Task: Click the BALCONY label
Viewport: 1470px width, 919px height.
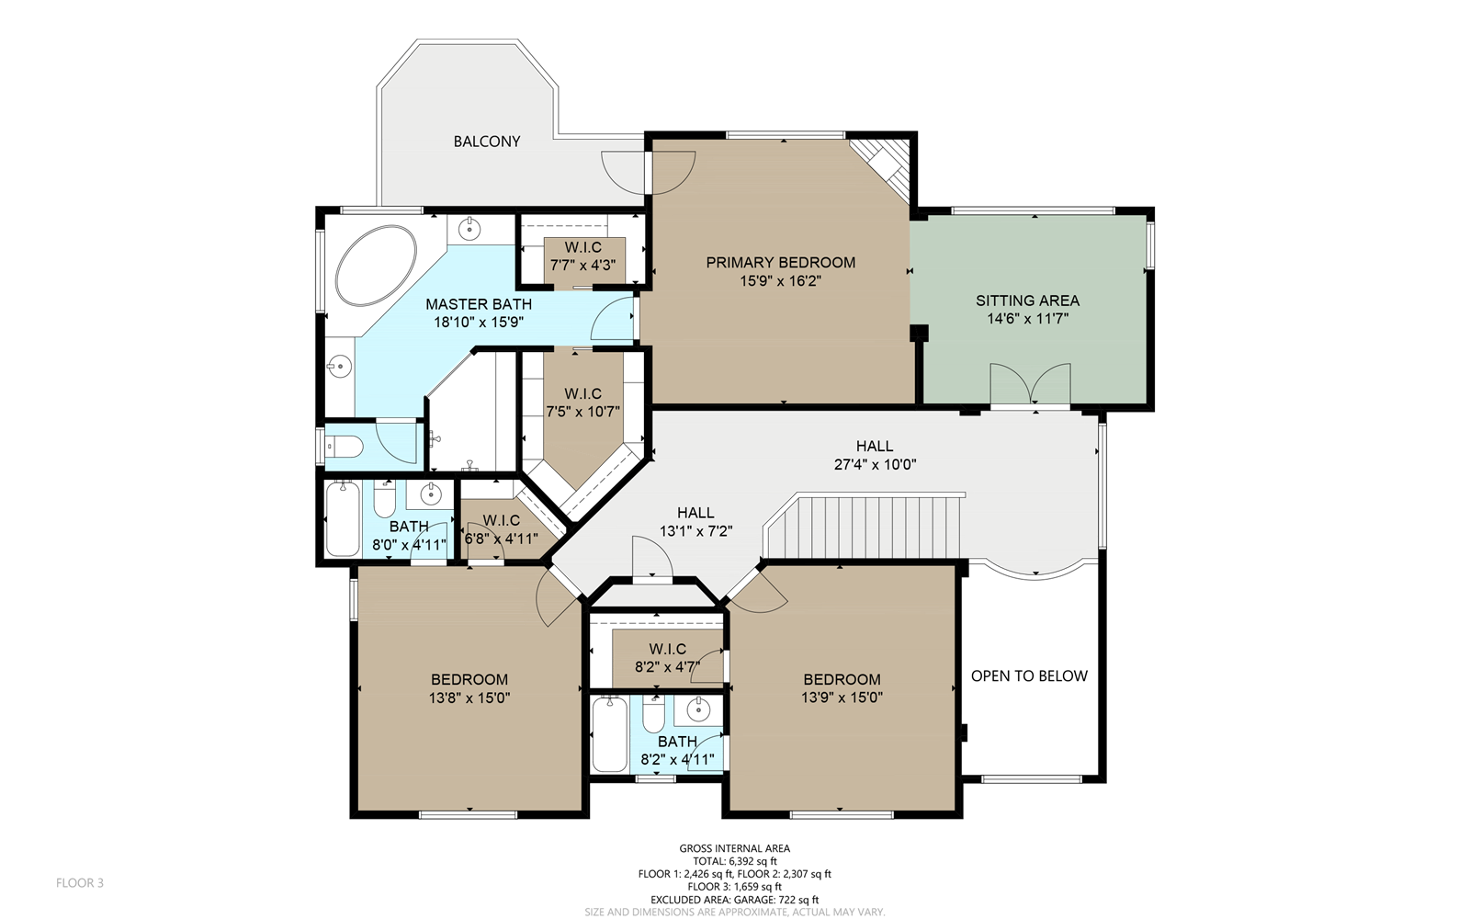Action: [x=487, y=142]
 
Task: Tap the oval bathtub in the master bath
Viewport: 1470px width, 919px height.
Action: [x=376, y=266]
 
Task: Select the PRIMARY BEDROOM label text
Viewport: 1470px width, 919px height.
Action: [x=780, y=263]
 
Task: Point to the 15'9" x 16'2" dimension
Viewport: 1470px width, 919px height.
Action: [x=780, y=281]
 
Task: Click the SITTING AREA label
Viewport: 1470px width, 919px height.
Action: [x=1027, y=301]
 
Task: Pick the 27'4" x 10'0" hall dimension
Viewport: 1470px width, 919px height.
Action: [x=875, y=465]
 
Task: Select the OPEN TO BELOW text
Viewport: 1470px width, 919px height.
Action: [x=1029, y=676]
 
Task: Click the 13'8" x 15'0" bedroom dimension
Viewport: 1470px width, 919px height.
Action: [x=469, y=698]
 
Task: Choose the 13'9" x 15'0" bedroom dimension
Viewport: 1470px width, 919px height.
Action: [x=842, y=698]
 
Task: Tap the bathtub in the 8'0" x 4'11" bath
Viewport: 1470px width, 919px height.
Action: [x=344, y=518]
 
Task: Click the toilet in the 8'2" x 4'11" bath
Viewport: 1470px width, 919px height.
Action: [x=653, y=715]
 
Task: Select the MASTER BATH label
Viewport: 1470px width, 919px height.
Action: [x=479, y=304]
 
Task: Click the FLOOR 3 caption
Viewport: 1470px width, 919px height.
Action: [x=79, y=883]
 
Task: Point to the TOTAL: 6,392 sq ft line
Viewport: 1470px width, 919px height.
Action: [x=735, y=861]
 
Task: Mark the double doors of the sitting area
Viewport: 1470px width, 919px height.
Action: [x=1030, y=384]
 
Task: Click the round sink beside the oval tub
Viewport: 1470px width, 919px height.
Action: [x=469, y=230]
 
